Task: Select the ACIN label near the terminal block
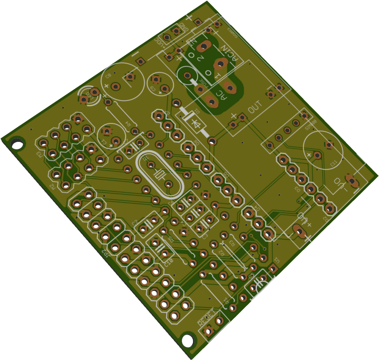tap(228, 54)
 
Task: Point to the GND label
tap(183, 28)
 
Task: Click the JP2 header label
tap(106, 254)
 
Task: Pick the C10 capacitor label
tap(168, 263)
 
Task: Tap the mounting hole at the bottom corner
tap(187, 339)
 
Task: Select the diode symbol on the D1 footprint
tap(195, 124)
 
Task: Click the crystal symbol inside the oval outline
tap(159, 174)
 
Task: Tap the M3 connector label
tap(39, 154)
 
